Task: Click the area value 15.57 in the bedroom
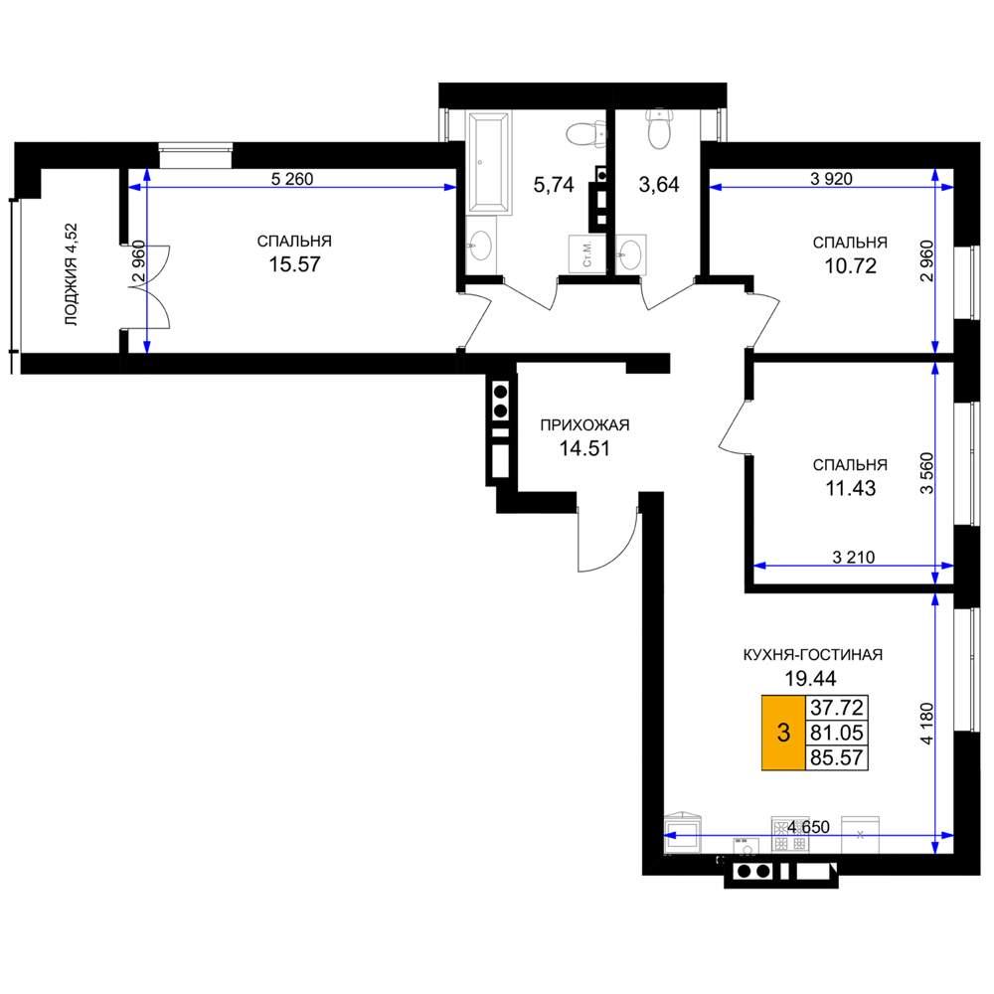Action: point(295,264)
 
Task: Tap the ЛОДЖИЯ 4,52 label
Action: point(71,274)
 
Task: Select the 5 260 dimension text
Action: point(292,179)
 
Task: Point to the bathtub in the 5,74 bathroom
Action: point(488,164)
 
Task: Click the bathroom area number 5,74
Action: point(554,185)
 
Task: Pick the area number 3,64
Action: point(659,185)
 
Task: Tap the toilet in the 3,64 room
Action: point(659,130)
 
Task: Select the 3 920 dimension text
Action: point(831,179)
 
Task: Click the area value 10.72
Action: point(850,266)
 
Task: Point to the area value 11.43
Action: point(850,489)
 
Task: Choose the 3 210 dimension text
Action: point(853,558)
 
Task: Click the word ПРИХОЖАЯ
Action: point(584,425)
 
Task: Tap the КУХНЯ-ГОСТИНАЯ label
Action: point(813,655)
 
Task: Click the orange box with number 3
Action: point(783,733)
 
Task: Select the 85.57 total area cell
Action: point(837,757)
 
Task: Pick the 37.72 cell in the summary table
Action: point(837,708)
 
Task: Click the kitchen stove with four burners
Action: point(790,834)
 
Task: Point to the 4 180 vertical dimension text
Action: point(926,724)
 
